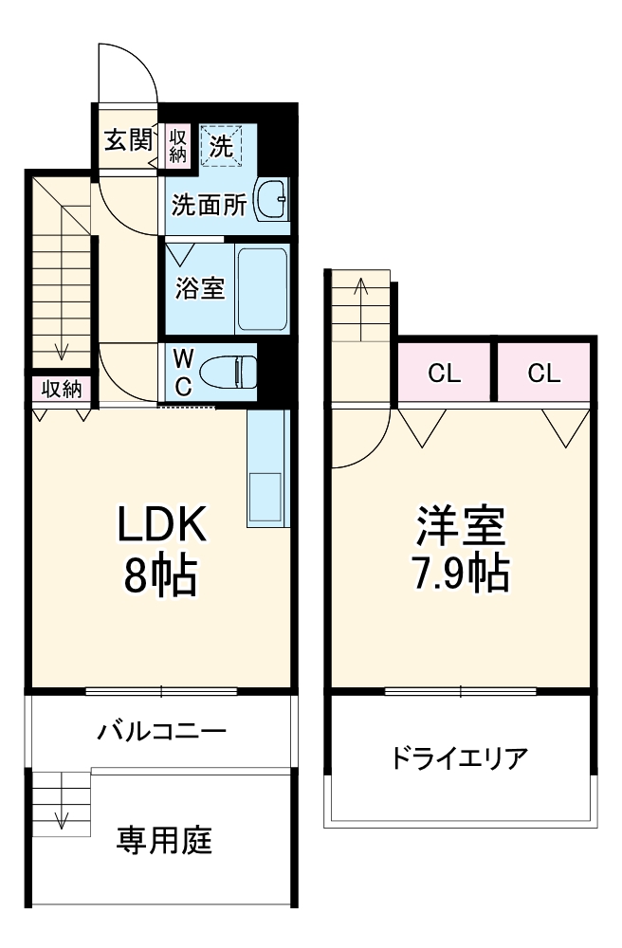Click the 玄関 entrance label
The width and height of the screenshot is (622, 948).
coord(128,141)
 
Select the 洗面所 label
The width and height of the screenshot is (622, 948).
coord(210,205)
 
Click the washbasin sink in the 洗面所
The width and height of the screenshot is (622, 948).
coord(271,200)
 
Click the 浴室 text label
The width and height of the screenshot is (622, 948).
coord(200,289)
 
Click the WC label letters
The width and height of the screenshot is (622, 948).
coord(184,372)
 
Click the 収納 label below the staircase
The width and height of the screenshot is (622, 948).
coord(61,389)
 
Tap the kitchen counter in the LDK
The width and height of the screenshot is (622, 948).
coord(266,468)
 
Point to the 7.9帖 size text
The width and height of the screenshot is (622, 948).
coord(463,572)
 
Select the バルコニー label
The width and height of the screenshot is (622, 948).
coord(161,732)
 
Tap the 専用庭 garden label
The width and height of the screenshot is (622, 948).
coord(164,840)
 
